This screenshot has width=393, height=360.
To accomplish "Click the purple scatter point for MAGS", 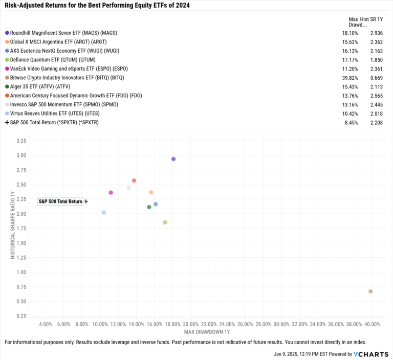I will (x=173, y=159).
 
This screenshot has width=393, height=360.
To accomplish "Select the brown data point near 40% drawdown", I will (x=370, y=291).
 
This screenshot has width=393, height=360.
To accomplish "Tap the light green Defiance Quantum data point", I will (x=165, y=222).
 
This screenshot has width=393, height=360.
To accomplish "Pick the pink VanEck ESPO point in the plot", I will (x=111, y=193).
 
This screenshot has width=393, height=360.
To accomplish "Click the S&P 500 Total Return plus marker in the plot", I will (x=86, y=201).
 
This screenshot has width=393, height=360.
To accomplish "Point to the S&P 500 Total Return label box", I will (x=60, y=201).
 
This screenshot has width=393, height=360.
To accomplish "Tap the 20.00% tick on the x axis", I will (x=190, y=324).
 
